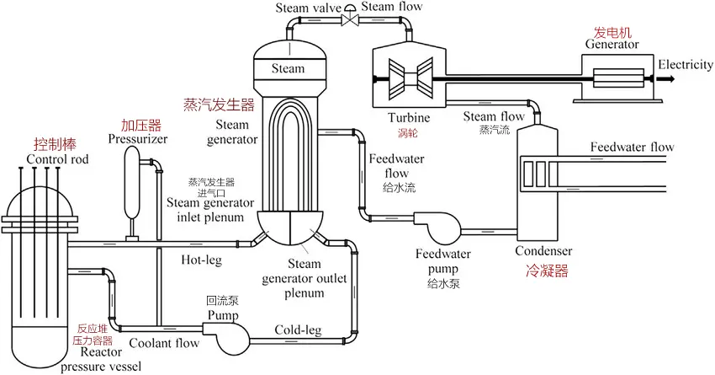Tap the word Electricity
686,64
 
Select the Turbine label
409,117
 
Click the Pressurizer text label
138,139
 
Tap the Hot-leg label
202,260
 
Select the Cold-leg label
298,329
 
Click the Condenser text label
543,251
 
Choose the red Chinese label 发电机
612,32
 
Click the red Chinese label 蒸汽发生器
219,104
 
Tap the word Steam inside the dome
288,68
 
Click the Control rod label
57,159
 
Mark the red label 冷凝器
547,271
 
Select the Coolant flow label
164,343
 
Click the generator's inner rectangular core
618,78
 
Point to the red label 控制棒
55,144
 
